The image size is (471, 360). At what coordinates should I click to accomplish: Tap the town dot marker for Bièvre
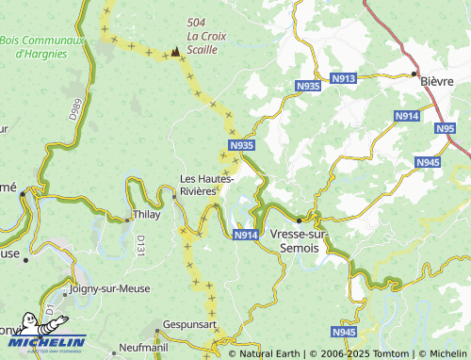coord(414,72)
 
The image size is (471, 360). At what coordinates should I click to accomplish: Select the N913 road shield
coord(344,78)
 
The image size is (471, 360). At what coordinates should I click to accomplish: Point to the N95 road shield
coord(446,127)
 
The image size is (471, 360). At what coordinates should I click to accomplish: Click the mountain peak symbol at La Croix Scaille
coord(175,52)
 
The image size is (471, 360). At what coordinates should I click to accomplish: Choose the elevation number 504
coord(196,22)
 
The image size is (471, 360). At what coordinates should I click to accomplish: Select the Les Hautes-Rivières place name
coord(207,185)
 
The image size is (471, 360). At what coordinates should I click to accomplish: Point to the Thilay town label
coord(146,214)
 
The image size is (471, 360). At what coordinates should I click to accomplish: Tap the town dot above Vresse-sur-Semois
coord(299,221)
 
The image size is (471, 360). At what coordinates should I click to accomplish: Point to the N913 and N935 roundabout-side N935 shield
coord(307,86)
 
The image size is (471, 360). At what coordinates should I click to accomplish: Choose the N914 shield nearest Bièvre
coord(407,115)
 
